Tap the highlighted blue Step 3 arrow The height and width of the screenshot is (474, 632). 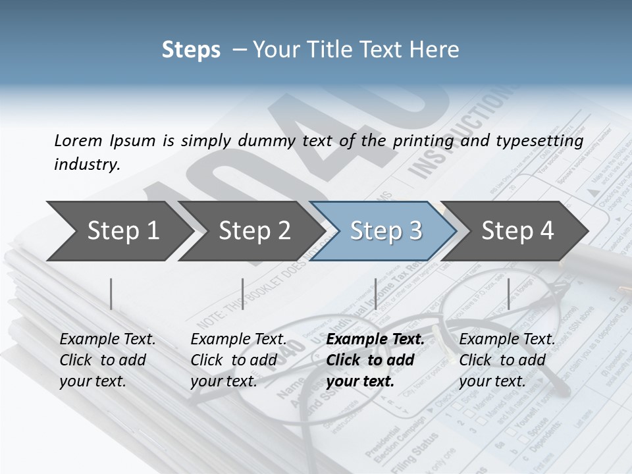pos(385,230)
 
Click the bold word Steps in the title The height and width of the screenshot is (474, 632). pos(191,50)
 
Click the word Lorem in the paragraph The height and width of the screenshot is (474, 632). pos(78,140)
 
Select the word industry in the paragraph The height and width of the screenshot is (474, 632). pos(88,165)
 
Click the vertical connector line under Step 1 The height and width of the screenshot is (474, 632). pos(111,294)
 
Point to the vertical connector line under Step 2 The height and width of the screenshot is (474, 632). pos(243,294)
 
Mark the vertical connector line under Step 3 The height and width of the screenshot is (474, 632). pos(375,294)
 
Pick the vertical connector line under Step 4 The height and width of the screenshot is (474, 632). pos(508,294)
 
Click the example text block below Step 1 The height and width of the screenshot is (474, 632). pos(107,360)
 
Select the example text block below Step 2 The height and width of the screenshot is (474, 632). pos(238,360)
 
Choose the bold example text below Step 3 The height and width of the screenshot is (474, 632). pos(375,360)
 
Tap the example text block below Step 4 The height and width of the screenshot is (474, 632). pos(507,360)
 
